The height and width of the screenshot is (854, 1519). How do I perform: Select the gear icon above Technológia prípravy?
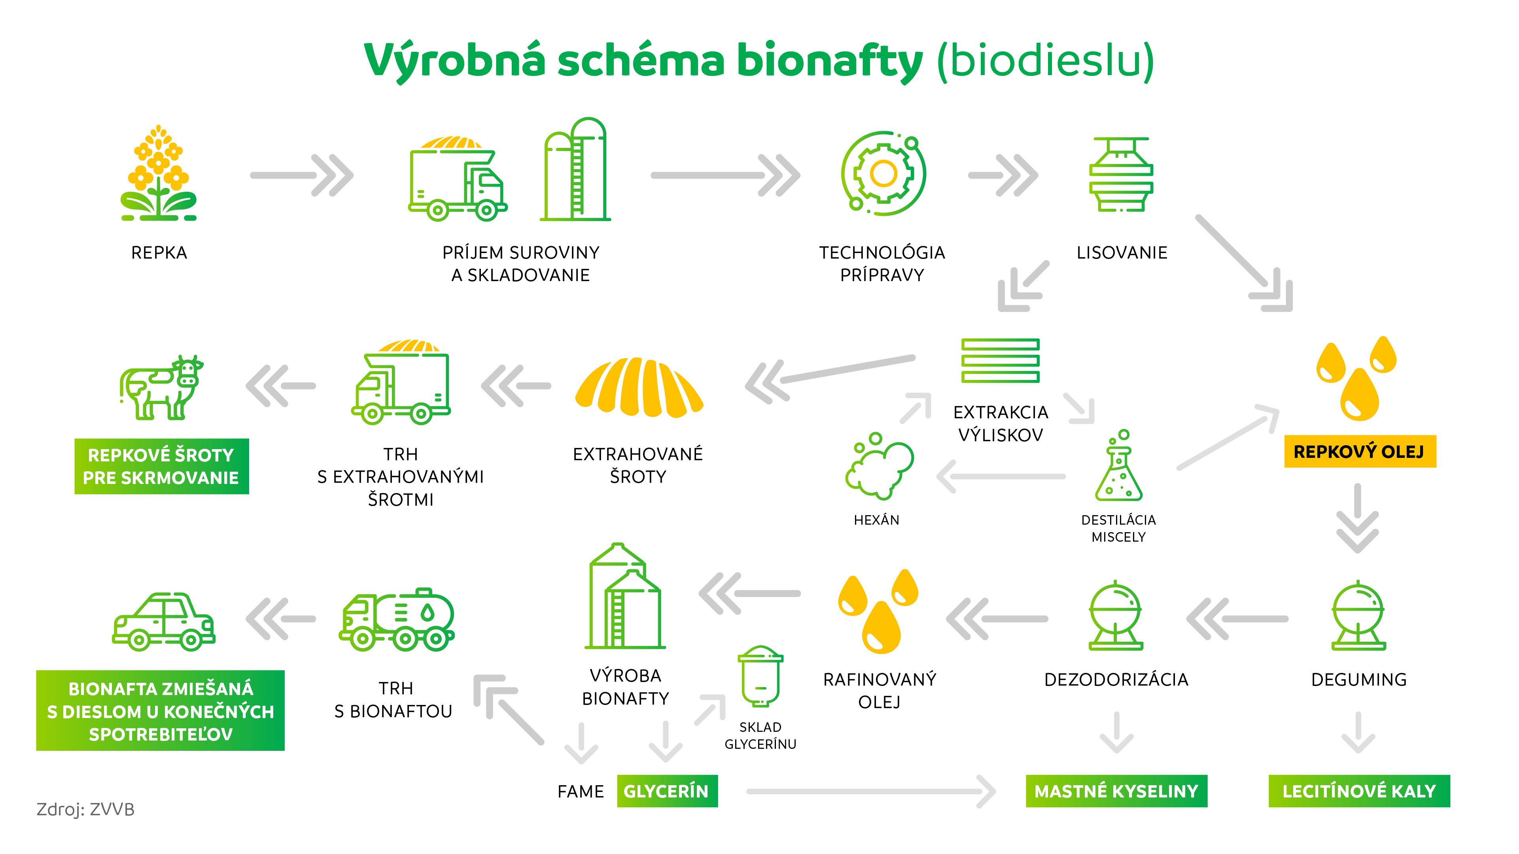coord(883,174)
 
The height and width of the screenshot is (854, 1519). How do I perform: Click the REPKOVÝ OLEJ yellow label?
coord(1360,452)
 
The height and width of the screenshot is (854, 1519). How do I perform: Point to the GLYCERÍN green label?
coord(666,791)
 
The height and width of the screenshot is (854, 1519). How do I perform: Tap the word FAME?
coord(581,792)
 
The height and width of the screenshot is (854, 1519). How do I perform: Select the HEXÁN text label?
coord(876,520)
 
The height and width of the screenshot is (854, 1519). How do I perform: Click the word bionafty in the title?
coord(829,61)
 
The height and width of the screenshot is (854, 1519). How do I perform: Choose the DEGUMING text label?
coord(1358,680)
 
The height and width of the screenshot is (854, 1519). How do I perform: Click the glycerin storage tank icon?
coord(760,676)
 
